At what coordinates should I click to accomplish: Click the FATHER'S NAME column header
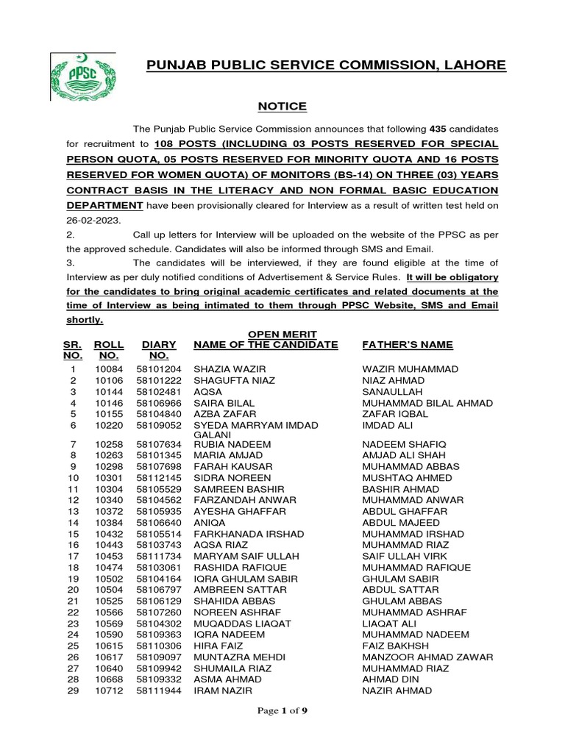click(408, 344)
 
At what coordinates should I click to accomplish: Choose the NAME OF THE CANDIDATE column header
click(266, 344)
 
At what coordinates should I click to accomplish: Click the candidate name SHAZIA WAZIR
click(229, 368)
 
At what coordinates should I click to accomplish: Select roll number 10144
click(107, 392)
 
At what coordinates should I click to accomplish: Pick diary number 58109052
click(157, 425)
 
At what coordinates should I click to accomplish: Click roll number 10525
click(107, 601)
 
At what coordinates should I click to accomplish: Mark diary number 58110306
click(157, 646)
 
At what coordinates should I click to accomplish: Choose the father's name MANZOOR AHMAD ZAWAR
click(427, 657)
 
